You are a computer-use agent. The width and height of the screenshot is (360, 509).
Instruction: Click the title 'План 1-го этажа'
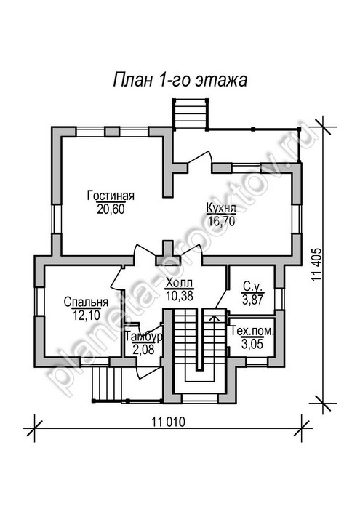point(180,80)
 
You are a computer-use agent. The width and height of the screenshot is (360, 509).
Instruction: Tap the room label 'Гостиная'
point(111,196)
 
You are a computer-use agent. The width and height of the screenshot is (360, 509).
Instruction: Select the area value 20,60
point(111,209)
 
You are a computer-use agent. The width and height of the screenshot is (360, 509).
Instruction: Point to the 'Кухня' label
point(221,208)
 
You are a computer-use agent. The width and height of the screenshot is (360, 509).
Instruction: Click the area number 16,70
point(221,221)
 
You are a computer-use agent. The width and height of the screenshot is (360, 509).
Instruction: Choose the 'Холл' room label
point(179,283)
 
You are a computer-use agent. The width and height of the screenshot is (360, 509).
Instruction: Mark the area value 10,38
point(179,295)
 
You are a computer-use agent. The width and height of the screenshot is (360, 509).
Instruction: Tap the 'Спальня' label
point(86,302)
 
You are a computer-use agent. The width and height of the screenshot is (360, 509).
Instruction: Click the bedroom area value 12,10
point(87,315)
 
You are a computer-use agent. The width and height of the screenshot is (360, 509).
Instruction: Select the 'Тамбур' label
point(143,337)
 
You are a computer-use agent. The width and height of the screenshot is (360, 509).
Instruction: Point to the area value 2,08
point(143,350)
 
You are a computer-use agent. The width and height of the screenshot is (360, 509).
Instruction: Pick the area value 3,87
point(253,299)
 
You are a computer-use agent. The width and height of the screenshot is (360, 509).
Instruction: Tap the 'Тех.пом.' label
point(252,332)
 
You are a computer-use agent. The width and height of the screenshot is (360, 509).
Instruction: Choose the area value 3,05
point(252,344)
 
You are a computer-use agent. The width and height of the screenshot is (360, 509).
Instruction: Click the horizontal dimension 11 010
point(169,422)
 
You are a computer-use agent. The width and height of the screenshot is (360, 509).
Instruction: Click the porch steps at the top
point(191,114)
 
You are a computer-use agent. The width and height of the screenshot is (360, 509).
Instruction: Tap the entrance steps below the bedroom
point(107,383)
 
